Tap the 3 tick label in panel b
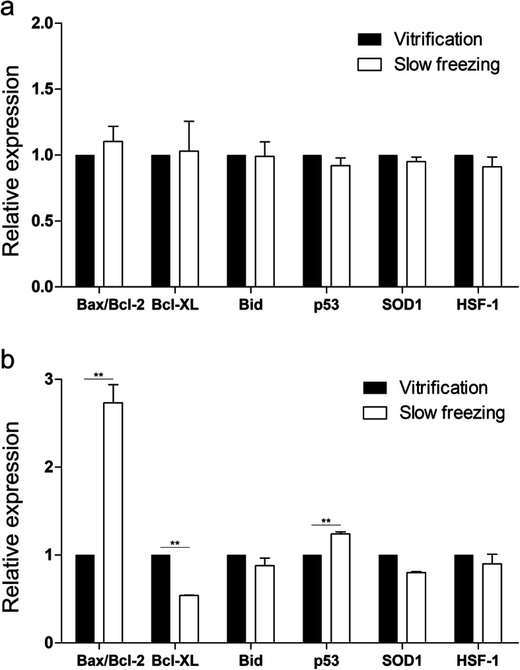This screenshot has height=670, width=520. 50,380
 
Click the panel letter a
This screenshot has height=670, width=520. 9,9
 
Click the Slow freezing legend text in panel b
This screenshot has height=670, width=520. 452,413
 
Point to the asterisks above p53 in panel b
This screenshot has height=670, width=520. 326,521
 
